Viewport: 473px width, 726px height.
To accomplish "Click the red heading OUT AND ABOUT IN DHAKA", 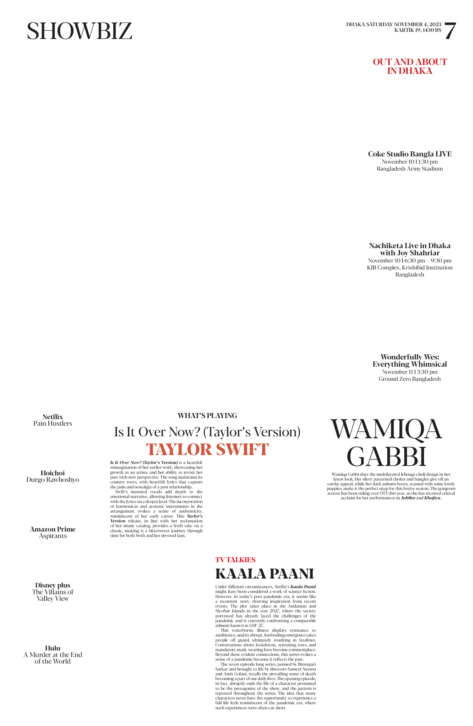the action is pyautogui.click(x=410, y=66).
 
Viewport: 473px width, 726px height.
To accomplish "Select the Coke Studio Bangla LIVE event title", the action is pyautogui.click(x=410, y=154).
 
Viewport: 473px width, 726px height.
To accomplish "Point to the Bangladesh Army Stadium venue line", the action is pyautogui.click(x=410, y=169).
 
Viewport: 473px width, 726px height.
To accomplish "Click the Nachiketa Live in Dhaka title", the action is pyautogui.click(x=410, y=249).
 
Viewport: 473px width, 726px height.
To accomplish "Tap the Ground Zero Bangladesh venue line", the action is pyautogui.click(x=410, y=379).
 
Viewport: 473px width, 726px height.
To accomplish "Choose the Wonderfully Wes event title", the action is pyautogui.click(x=410, y=360).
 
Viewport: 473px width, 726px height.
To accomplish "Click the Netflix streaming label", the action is pyautogui.click(x=53, y=417).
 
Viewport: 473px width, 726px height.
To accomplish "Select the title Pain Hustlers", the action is pyautogui.click(x=53, y=423).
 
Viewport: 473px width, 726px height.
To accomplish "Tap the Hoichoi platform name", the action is pyautogui.click(x=53, y=473).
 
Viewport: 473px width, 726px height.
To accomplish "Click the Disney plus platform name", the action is pyautogui.click(x=53, y=585).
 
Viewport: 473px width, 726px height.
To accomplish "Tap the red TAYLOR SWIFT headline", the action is pyautogui.click(x=207, y=450).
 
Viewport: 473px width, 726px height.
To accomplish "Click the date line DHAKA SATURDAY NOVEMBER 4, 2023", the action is pyautogui.click(x=394, y=24).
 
